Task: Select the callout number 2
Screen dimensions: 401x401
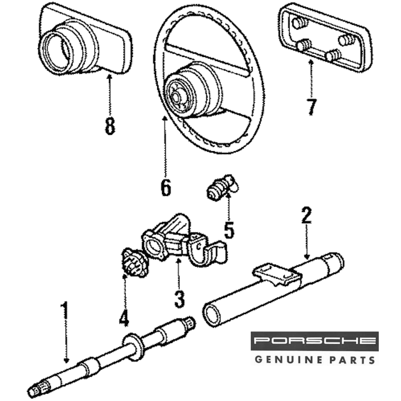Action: click(x=306, y=216)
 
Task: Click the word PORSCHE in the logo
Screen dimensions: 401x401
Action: click(x=315, y=341)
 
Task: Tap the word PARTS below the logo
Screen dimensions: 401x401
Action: click(x=352, y=359)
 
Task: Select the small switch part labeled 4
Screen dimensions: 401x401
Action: click(x=134, y=263)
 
